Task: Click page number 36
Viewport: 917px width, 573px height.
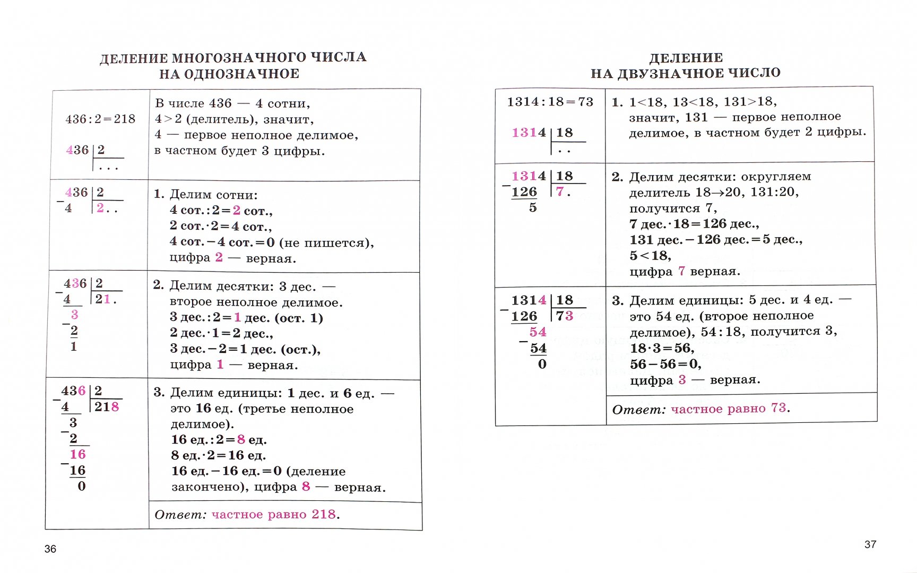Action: pyautogui.click(x=50, y=549)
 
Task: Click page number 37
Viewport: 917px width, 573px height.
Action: pyautogui.click(x=870, y=544)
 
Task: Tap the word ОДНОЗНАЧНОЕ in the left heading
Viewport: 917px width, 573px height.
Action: pyautogui.click(x=241, y=74)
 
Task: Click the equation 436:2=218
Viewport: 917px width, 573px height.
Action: pyautogui.click(x=100, y=119)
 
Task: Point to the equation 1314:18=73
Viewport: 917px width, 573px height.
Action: pyautogui.click(x=550, y=102)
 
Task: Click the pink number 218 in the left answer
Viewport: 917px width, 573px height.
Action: pyautogui.click(x=324, y=514)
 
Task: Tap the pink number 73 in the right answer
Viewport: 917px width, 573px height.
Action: pyautogui.click(x=778, y=408)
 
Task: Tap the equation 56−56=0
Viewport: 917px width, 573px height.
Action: pyautogui.click(x=665, y=364)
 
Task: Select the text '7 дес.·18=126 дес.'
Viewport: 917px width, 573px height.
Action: pyautogui.click(x=694, y=224)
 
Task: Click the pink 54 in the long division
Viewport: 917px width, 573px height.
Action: pyautogui.click(x=538, y=332)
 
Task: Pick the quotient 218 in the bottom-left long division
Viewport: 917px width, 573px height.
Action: pyautogui.click(x=107, y=407)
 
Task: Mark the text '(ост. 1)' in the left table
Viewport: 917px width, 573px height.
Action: pyautogui.click(x=299, y=318)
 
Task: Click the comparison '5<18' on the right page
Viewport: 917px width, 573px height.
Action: pyautogui.click(x=650, y=256)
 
